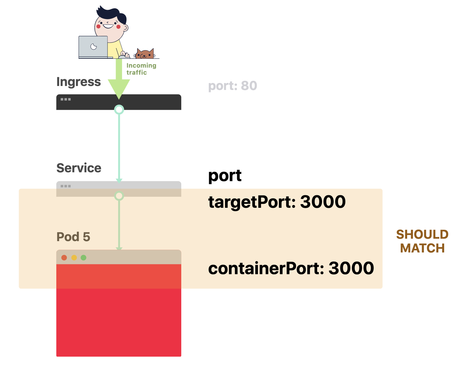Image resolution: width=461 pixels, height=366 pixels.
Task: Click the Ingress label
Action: [79, 82]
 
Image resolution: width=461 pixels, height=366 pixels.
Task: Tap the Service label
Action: [79, 168]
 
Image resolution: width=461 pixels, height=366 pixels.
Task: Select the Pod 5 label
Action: [73, 237]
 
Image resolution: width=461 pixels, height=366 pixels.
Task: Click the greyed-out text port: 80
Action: [233, 86]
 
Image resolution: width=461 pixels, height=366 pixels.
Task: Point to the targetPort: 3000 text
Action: [277, 202]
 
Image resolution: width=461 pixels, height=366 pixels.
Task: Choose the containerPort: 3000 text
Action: [291, 268]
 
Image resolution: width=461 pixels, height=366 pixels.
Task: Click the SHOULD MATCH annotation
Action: [422, 241]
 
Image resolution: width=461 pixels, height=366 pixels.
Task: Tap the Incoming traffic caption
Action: [141, 69]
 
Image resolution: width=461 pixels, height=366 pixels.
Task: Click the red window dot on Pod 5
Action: [64, 258]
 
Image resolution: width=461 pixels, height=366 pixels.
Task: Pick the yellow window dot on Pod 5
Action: [74, 258]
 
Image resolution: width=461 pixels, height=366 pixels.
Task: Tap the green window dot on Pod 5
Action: [84, 258]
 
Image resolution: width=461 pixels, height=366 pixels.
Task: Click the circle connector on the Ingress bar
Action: [119, 110]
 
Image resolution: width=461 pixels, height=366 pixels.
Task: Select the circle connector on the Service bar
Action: [119, 196]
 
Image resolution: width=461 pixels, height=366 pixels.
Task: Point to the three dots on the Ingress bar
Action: [66, 99]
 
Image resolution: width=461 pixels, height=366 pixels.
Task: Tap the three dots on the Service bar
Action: [66, 186]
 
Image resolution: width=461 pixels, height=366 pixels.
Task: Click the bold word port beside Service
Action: [225, 176]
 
